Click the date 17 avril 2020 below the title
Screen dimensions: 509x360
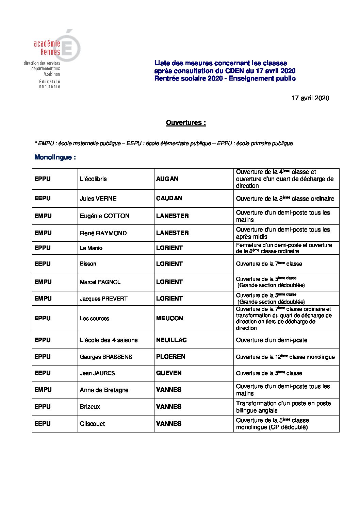(310, 98)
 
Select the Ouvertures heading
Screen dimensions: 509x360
(186, 123)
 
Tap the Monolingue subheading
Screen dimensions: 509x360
(55, 157)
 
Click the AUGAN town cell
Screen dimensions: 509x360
(167, 179)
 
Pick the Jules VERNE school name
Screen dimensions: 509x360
(98, 199)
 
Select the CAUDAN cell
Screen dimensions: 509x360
(169, 198)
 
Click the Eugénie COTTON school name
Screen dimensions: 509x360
(104, 216)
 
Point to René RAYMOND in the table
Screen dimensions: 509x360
(103, 233)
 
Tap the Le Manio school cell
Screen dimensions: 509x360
(91, 248)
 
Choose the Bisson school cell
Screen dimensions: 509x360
(88, 264)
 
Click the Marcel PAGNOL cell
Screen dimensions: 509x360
(100, 282)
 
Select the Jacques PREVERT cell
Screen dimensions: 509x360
(103, 299)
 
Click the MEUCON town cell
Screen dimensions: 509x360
(169, 318)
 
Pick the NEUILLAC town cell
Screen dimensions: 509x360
(171, 340)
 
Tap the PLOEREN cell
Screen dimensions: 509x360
(170, 357)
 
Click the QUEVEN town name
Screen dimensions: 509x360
(169, 373)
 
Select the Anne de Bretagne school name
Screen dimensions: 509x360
(104, 390)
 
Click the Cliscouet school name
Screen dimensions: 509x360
(92, 424)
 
